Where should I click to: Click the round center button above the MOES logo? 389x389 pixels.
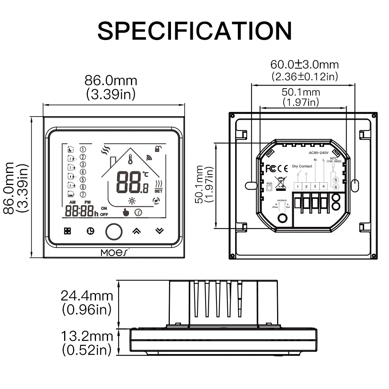point(113,231)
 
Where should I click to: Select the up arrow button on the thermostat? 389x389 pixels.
point(136,231)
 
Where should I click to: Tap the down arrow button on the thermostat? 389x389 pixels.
point(159,231)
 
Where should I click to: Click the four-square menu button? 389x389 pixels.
point(68,231)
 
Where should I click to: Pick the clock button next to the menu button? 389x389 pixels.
point(90,231)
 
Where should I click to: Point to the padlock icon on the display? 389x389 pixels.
point(158,148)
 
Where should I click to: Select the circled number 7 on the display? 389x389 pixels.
point(82,194)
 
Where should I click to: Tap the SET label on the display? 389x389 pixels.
point(159,191)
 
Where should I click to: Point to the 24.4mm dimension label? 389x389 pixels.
point(87,296)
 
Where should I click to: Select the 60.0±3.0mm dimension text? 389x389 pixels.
point(305,64)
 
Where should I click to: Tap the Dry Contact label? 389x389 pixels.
point(302,166)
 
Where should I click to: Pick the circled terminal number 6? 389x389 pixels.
point(336,187)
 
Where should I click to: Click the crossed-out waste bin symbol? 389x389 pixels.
point(281,183)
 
